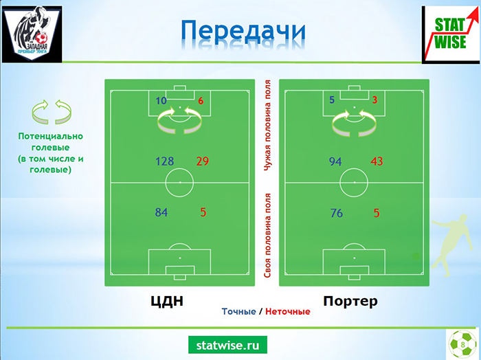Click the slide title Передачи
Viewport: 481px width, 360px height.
[243, 32]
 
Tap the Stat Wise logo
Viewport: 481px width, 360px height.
[451, 34]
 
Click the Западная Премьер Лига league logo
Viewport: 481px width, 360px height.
[32, 34]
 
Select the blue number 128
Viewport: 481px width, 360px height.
[165, 161]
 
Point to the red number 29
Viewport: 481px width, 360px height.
[203, 161]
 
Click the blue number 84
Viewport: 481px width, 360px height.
[161, 212]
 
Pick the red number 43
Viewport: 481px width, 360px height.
[377, 161]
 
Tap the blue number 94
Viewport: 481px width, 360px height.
[335, 161]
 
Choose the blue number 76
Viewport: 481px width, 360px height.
[337, 213]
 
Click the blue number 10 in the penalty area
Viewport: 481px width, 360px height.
[161, 100]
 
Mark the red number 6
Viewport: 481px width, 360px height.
[201, 100]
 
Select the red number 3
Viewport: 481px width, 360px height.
[374, 100]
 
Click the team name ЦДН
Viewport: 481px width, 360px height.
[167, 301]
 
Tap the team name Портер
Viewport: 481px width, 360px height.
[350, 301]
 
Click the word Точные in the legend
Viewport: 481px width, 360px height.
[238, 311]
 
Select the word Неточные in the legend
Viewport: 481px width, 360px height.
[288, 311]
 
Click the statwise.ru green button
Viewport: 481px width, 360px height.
[227, 345]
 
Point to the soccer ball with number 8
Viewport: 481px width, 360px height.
[462, 344]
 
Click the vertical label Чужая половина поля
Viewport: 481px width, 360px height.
[267, 126]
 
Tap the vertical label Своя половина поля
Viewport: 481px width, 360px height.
[267, 236]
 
